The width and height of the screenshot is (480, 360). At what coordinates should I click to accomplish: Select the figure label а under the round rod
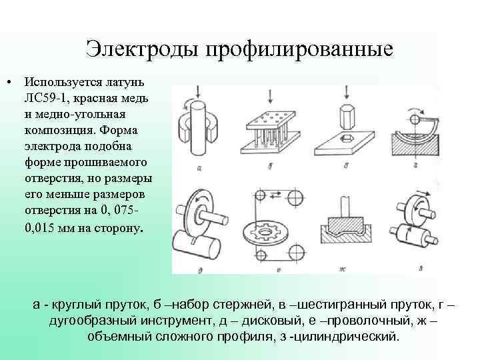point(199,169)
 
